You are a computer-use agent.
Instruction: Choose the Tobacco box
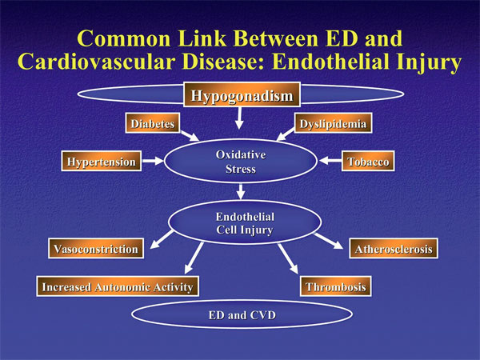tap(368, 162)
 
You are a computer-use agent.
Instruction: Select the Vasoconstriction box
tap(96, 250)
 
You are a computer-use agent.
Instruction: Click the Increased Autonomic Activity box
tap(117, 286)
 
